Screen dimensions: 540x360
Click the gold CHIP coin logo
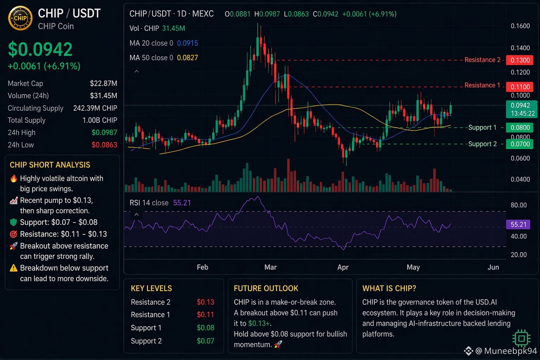20,18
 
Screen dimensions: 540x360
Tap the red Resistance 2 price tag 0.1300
520,60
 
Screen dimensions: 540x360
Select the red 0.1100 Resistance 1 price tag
520,87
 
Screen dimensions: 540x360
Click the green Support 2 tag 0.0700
520,144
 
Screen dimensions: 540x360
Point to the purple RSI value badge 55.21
518,225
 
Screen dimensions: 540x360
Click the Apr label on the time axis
343,267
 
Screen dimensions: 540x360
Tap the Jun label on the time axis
493,267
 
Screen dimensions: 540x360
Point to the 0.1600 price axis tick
520,26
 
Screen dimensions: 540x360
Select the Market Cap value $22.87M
103,83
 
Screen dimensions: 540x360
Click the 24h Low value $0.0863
104,145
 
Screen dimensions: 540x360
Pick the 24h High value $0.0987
104,133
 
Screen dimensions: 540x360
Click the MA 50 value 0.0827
187,58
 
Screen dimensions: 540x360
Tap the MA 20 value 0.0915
187,43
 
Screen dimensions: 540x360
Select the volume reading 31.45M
173,28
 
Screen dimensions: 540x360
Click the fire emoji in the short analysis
14,179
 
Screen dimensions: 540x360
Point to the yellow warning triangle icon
13,268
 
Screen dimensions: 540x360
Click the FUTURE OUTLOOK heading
266,288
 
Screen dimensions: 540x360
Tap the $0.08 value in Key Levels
205,328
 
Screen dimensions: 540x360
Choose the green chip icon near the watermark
521,338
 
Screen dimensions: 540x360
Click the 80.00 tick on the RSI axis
519,205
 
